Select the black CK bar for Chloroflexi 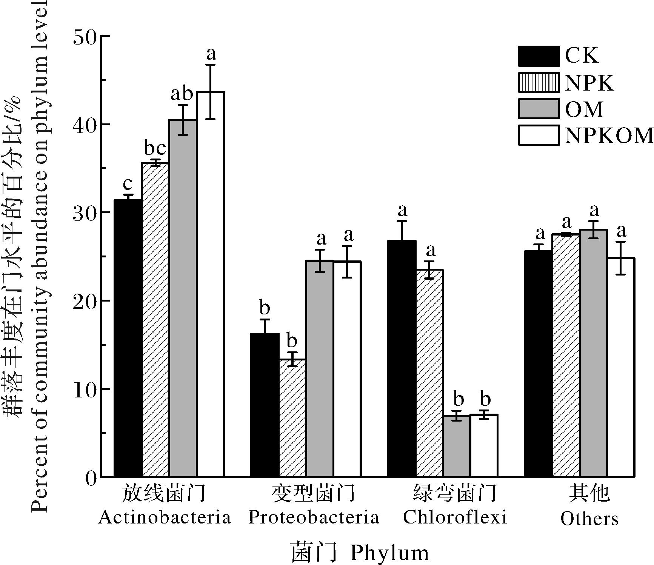point(402,359)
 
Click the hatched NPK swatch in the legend point(539,82)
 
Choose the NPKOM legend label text point(609,135)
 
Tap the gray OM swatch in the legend point(539,109)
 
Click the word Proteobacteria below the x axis point(314,517)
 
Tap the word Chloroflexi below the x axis point(455,517)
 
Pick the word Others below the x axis point(589,519)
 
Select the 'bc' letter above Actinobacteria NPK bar point(155,148)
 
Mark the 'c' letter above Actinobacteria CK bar point(128,184)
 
